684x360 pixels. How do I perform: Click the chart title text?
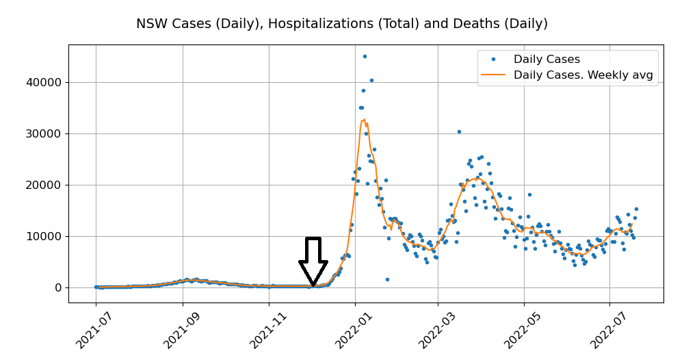coord(341,24)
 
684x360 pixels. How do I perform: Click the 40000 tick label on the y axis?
coord(42,82)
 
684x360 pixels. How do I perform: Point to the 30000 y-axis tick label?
coord(42,133)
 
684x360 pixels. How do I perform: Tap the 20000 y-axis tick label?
coord(42,185)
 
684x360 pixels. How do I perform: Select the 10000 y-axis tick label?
coord(42,236)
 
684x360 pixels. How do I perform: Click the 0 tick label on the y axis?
coord(57,287)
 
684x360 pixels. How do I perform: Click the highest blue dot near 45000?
coord(365,56)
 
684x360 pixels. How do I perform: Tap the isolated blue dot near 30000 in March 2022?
coord(459,131)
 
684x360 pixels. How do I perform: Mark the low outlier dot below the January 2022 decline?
coord(387,279)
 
